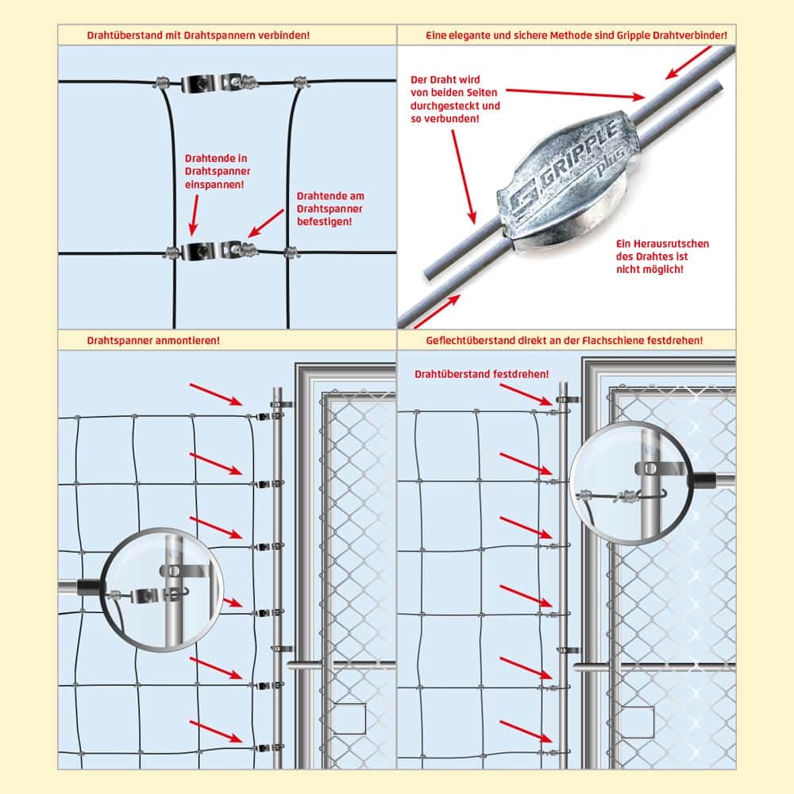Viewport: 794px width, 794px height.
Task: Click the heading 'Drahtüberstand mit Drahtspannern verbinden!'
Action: coord(198,36)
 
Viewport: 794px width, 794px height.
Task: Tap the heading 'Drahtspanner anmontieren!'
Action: coord(153,341)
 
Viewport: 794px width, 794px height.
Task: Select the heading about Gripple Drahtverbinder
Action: coord(576,36)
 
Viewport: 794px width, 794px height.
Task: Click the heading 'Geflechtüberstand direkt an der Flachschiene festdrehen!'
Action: coord(564,341)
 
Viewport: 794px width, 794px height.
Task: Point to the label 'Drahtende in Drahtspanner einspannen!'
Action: coord(218,172)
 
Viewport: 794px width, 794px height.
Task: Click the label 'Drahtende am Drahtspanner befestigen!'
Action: coord(330,209)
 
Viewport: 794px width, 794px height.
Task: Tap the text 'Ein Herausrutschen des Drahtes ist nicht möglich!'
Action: coord(662,256)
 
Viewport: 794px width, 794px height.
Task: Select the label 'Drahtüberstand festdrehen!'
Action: coord(482,374)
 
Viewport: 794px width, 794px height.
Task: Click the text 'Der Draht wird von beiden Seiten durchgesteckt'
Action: coord(455,93)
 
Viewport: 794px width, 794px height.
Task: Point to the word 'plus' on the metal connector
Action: coord(610,161)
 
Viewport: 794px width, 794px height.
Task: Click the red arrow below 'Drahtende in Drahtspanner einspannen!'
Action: coord(194,215)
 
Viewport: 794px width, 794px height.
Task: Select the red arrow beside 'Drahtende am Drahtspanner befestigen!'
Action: coord(266,223)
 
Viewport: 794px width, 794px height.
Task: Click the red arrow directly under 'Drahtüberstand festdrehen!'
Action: coord(526,395)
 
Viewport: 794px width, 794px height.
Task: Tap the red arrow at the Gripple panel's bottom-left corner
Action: coord(437,311)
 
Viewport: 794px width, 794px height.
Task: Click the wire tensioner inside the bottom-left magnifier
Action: coord(152,595)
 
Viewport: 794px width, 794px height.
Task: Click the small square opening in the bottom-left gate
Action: coord(349,719)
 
